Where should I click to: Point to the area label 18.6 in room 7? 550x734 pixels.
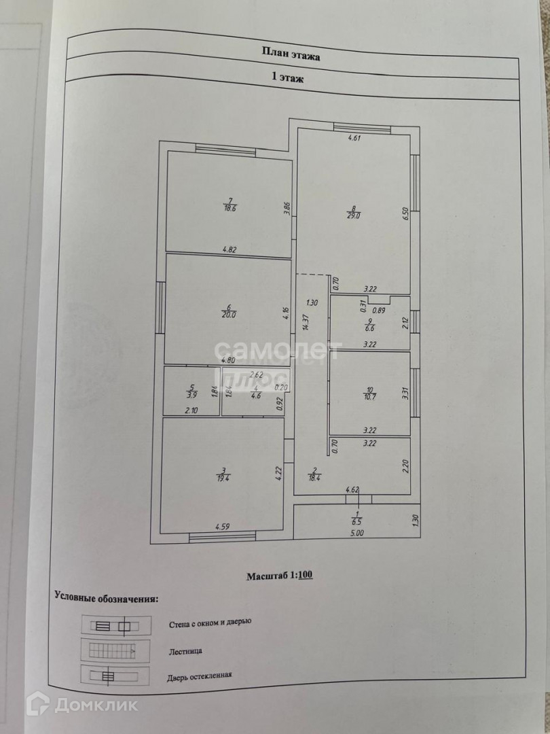pos(230,208)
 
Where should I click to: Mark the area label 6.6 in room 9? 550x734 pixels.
pos(370,327)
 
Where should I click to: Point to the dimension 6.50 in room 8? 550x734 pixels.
pos(405,215)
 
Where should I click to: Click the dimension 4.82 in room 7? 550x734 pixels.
pos(229,249)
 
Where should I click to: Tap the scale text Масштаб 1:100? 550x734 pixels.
pos(279,576)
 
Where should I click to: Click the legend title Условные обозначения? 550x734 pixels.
pos(107,599)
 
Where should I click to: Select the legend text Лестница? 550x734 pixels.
pos(184,650)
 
